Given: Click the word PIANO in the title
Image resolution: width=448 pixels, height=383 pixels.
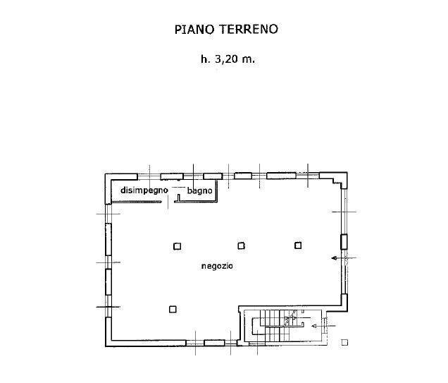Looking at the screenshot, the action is (x=194, y=29).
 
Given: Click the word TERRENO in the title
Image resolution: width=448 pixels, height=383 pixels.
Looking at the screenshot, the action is (x=249, y=29).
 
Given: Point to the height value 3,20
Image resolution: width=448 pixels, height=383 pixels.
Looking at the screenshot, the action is (x=227, y=59).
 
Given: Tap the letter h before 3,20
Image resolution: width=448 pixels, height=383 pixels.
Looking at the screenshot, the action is (x=205, y=59).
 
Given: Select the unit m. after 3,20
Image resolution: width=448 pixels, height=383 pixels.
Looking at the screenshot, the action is (x=248, y=60).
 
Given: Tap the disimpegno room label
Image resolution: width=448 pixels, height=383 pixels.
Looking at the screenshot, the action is (x=144, y=190).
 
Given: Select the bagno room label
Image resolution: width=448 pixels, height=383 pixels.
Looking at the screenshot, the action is (x=200, y=190).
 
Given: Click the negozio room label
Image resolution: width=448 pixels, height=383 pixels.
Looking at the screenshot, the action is (x=217, y=266).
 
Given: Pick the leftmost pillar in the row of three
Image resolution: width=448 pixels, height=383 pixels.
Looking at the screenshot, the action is (x=177, y=246).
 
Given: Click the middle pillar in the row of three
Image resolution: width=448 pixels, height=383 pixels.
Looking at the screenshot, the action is (x=242, y=245).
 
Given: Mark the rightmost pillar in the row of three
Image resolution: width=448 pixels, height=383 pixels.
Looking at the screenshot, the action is (x=298, y=245).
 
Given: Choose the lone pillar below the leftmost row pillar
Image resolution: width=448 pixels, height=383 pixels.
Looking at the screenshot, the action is (x=173, y=309).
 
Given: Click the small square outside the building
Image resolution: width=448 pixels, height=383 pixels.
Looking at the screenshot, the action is (x=344, y=342).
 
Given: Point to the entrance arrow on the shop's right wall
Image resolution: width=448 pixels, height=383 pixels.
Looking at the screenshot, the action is (x=344, y=258).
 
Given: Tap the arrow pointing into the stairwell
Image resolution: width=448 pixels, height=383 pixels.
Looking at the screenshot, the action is (x=323, y=326).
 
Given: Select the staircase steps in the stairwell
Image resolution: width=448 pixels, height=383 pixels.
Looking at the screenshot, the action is (x=276, y=326).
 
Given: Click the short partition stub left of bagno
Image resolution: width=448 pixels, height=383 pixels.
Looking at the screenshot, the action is (x=179, y=197).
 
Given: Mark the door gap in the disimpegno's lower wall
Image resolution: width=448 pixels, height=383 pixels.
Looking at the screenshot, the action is (x=168, y=202).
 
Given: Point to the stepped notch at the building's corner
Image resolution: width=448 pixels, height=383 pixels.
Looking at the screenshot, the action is (x=337, y=182).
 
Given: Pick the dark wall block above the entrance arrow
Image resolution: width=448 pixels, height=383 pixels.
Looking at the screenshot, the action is (x=344, y=242).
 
